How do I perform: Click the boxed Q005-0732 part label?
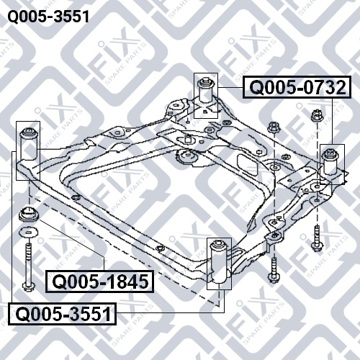tap(297, 87)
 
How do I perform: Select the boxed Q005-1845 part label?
tap(99, 282)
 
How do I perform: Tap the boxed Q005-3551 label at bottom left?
tap(63, 314)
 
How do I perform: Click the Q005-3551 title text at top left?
tap(48, 17)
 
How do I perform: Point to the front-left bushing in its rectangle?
tap(28, 145)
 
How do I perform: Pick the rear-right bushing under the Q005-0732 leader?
tap(331, 161)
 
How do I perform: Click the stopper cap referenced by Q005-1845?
tap(29, 215)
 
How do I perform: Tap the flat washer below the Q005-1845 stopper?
tap(29, 232)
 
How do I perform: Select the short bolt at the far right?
tap(318, 238)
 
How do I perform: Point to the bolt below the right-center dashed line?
tap(274, 270)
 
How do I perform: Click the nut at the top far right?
tap(318, 116)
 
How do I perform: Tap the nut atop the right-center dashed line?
tap(274, 127)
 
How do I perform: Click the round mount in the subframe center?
tap(186, 157)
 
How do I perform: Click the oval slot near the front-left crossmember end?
tap(76, 197)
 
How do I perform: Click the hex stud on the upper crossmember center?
tap(187, 139)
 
